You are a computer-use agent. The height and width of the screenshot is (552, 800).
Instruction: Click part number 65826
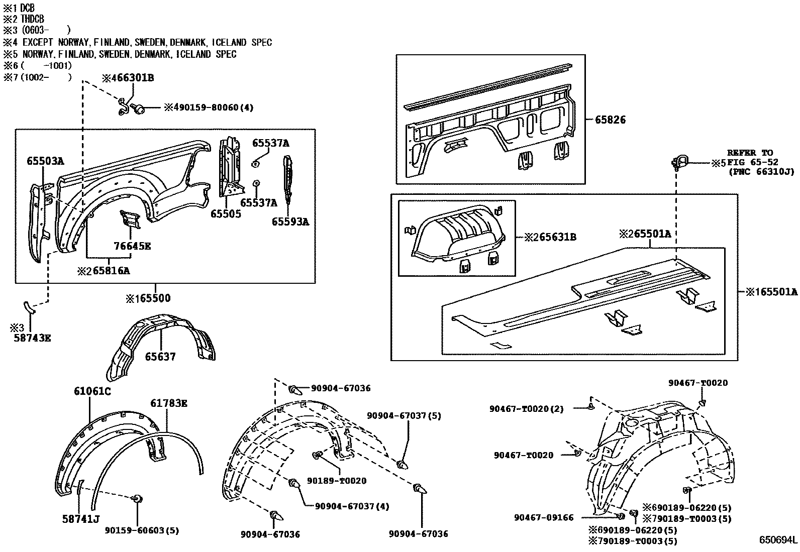point(610,120)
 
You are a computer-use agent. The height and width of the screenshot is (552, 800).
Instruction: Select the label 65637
point(160,357)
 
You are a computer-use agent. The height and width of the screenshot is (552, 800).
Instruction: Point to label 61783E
point(169,403)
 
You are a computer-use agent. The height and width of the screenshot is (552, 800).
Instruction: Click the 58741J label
point(81,519)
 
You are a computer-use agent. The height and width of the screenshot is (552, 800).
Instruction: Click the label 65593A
point(290,221)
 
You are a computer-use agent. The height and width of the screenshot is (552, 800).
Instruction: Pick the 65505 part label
point(226,214)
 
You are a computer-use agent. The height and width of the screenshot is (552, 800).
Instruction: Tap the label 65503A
point(45,161)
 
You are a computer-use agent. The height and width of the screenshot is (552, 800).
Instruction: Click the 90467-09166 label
point(544,517)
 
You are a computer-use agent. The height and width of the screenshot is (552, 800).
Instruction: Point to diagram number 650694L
point(778,540)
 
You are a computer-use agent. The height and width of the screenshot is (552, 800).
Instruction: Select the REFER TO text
point(750,153)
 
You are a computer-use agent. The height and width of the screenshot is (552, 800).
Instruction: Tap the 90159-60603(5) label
point(142,530)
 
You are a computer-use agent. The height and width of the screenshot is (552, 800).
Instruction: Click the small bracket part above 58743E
point(29,307)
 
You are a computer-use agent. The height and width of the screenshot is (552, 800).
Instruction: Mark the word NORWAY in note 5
point(39,54)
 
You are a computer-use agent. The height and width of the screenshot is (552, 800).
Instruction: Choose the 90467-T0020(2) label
point(526,409)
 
